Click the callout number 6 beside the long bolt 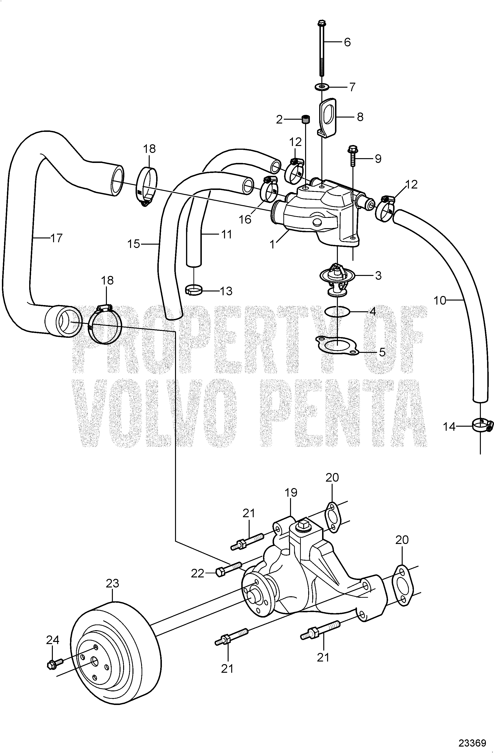click(x=347, y=42)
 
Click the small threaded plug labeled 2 click(x=306, y=120)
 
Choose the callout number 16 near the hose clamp click(x=245, y=219)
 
